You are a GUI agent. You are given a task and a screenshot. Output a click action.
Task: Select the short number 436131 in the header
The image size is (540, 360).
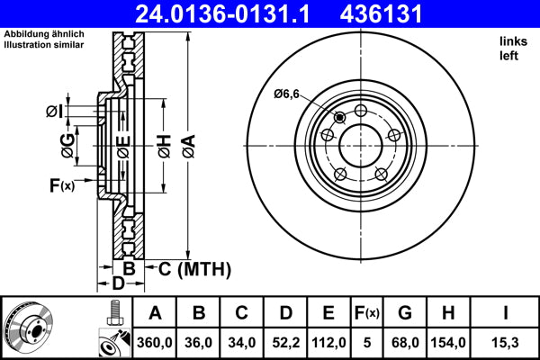(404, 14)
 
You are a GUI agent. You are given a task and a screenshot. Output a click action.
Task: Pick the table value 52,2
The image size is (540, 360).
(285, 343)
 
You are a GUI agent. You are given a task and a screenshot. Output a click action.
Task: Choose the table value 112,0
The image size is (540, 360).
(328, 343)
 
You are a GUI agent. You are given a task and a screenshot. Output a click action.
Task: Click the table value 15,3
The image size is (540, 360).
(507, 343)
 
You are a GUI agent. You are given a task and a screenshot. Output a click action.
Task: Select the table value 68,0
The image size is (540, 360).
(405, 343)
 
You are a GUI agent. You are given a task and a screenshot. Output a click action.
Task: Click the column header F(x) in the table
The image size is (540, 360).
(366, 313)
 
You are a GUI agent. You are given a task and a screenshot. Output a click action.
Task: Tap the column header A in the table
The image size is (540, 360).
(155, 313)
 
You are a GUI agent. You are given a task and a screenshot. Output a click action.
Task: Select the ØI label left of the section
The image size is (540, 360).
(54, 111)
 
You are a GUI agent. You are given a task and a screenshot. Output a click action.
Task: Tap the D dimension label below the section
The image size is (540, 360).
(117, 284)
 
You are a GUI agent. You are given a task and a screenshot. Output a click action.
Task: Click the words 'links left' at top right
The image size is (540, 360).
(511, 49)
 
